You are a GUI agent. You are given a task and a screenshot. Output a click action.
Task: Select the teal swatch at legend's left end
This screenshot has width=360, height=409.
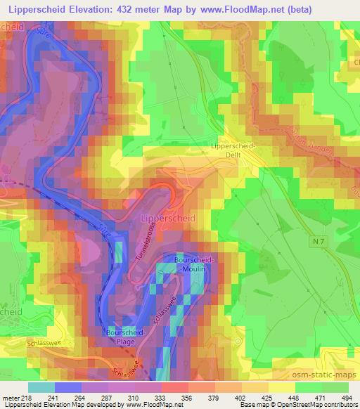pyautogui.click(x=41, y=387)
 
